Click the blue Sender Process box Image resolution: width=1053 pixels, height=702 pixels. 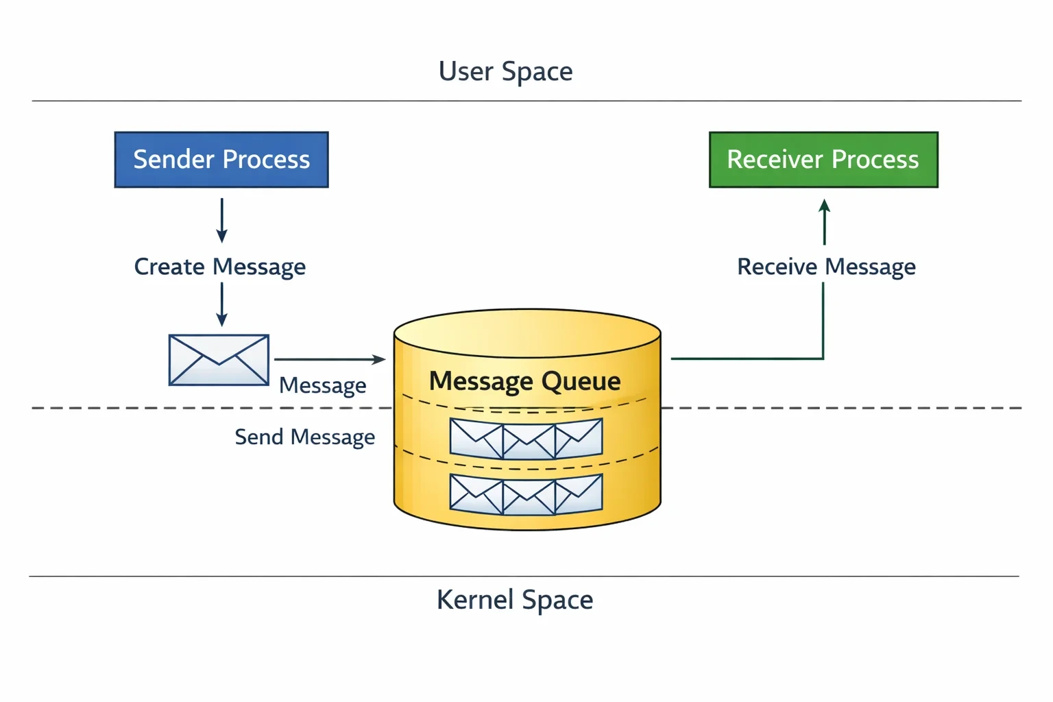click(221, 160)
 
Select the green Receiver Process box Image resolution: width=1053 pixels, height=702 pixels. click(823, 160)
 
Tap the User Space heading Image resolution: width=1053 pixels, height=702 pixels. click(505, 71)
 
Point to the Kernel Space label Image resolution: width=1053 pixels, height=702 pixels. click(515, 600)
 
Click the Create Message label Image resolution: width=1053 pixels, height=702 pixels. click(220, 267)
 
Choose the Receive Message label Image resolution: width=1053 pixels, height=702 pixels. click(826, 267)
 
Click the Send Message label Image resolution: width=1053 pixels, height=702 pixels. click(305, 437)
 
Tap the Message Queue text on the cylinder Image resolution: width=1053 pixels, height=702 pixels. click(524, 381)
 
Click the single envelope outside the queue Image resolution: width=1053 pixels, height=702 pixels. click(219, 360)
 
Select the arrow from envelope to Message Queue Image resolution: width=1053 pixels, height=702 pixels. click(330, 359)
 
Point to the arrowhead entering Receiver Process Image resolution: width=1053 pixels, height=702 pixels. click(824, 206)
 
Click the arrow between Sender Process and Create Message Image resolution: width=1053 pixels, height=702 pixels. click(222, 221)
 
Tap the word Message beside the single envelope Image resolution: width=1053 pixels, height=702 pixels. click(322, 385)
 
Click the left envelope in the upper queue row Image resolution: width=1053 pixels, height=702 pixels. click(476, 438)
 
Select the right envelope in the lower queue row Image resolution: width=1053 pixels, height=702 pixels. click(579, 493)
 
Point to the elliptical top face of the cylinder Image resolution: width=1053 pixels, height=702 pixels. click(527, 333)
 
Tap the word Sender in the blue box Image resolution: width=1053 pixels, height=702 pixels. click(174, 159)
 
